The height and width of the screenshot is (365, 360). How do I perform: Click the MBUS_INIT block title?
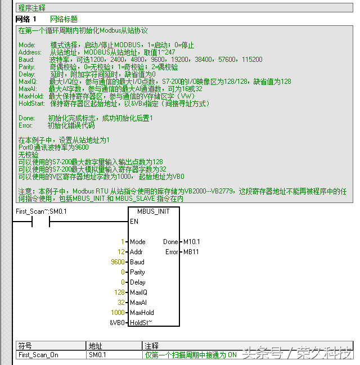[x=153, y=211]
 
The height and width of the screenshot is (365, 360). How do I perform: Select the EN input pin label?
[x=134, y=222]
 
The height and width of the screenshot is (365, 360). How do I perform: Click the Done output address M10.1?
[x=191, y=242]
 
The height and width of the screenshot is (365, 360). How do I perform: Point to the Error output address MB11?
[x=191, y=252]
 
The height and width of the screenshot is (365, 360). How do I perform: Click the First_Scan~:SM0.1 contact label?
[x=41, y=211]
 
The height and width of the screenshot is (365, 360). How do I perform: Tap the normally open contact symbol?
[x=40, y=222]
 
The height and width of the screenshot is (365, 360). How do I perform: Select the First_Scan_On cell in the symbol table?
[x=38, y=355]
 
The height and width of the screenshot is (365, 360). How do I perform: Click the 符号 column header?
[x=25, y=346]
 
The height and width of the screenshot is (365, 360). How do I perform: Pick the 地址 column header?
[x=95, y=346]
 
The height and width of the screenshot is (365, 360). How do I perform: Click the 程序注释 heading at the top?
[x=32, y=8]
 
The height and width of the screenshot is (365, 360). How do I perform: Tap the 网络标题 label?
[x=64, y=19]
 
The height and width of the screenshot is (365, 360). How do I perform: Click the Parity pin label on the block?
[x=137, y=272]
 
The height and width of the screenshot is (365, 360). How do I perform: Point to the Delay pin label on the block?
[x=137, y=282]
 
